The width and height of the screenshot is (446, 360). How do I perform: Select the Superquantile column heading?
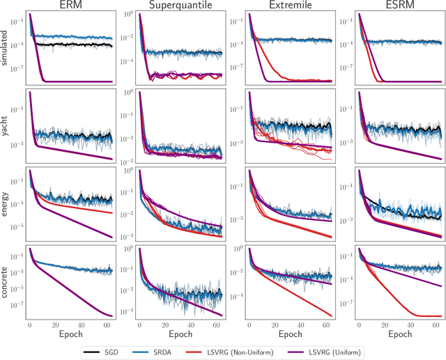pos(180,6)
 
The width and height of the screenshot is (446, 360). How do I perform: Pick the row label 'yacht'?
pos(6,123)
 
